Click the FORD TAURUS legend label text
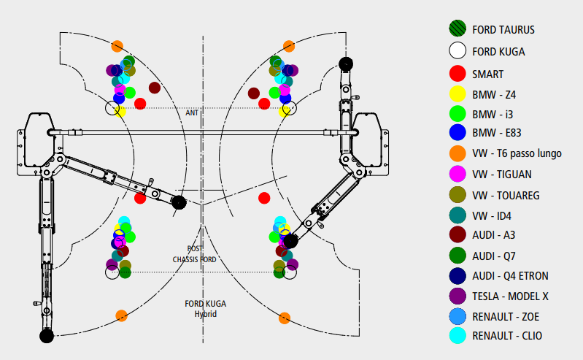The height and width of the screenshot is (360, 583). coord(503,30)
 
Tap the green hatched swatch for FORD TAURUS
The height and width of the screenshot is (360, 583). coord(457,29)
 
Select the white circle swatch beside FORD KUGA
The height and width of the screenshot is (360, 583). coord(457,51)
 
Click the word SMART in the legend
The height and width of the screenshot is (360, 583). coord(487,74)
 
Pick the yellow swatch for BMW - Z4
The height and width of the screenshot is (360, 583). coord(457,94)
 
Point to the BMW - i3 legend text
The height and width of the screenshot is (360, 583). coord(493,115)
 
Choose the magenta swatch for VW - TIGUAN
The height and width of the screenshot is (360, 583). coord(457,175)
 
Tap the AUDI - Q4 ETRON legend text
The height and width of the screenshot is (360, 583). coord(510,275)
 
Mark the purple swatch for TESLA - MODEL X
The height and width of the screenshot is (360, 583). coord(457,296)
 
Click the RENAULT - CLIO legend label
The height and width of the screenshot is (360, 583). coord(507,336)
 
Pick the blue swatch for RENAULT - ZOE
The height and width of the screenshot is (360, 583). coord(457,316)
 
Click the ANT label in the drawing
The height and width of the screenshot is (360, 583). coord(192,113)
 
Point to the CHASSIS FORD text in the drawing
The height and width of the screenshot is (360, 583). coord(195,259)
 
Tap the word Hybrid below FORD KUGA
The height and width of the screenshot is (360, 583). coord(206,313)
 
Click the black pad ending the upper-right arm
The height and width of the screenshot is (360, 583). coord(346,64)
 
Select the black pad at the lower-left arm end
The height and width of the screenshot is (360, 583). coord(47,336)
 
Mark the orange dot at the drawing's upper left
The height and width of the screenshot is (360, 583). coord(117,46)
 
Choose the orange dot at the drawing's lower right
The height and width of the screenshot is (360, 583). coord(285,318)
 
